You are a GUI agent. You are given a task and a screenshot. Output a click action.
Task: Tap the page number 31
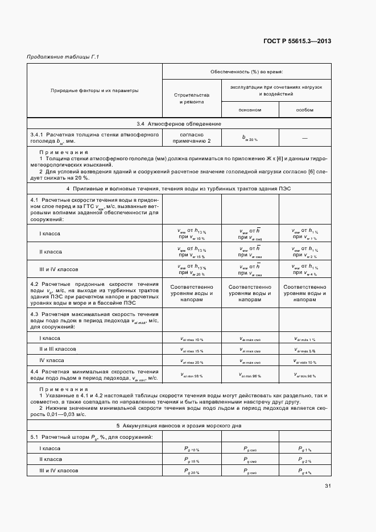[328, 486]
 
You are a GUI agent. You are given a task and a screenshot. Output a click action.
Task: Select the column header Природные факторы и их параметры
[95, 90]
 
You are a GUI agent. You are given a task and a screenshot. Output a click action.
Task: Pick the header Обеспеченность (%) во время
[247, 72]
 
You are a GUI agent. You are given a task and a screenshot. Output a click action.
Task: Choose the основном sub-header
[250, 110]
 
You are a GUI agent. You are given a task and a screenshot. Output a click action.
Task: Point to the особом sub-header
[305, 110]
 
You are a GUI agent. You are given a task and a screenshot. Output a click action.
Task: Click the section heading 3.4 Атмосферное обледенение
[179, 123]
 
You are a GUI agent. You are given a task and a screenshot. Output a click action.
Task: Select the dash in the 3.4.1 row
[305, 137]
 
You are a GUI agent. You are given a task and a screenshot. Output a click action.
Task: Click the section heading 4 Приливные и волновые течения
[179, 189]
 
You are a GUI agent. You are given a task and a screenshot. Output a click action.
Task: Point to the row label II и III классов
[57, 349]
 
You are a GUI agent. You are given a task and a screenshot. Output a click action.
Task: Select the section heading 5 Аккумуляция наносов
[179, 425]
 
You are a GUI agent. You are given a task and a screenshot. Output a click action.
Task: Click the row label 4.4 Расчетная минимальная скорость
[95, 374]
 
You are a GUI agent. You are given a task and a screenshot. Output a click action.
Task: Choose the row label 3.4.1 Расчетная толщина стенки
[95, 137]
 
